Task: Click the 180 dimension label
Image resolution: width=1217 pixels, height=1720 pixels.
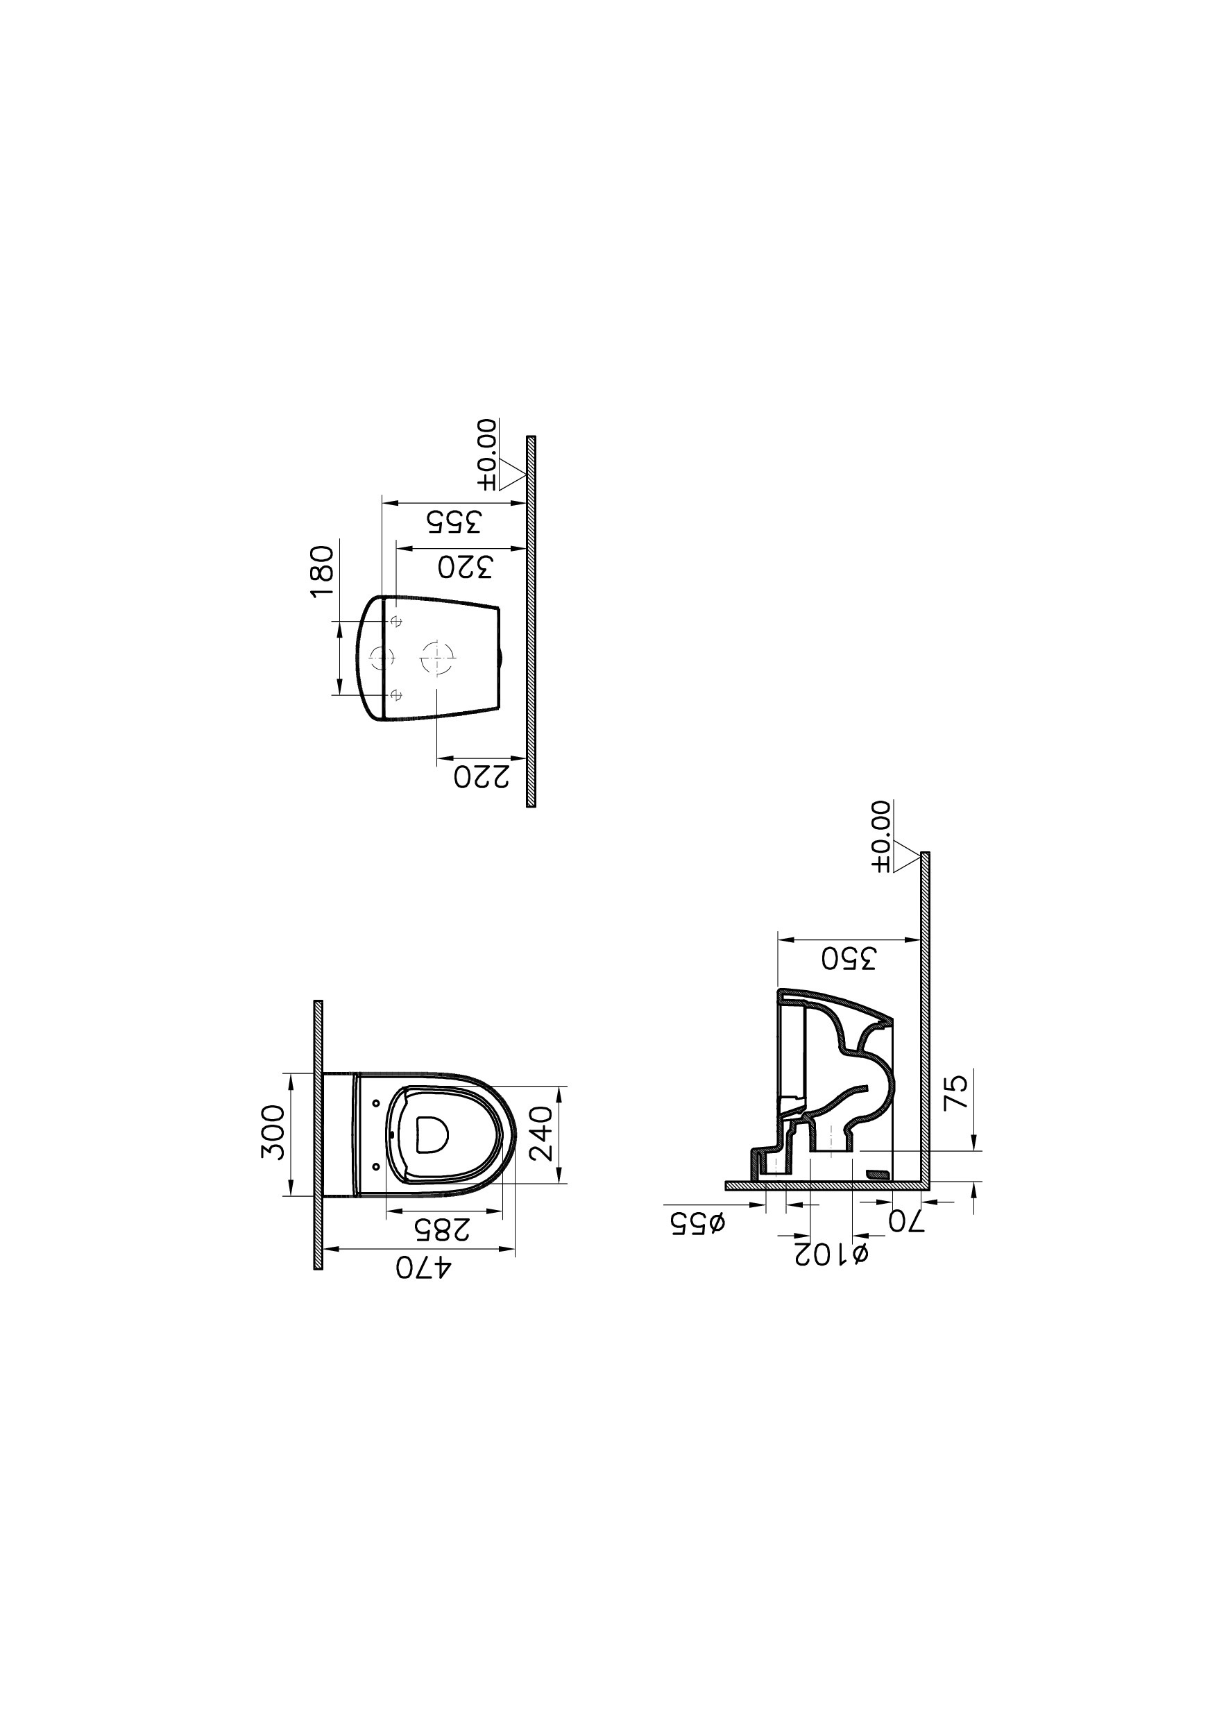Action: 321,571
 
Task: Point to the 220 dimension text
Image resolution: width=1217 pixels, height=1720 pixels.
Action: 481,778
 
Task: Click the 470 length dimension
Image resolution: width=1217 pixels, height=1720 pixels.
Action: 424,1268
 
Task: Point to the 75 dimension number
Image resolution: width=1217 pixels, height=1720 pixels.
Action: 957,1092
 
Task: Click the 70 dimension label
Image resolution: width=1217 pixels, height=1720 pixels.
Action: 907,1222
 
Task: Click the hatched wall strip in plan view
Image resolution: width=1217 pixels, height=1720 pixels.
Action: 318,1134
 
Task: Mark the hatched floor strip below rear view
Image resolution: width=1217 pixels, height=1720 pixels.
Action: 531,620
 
